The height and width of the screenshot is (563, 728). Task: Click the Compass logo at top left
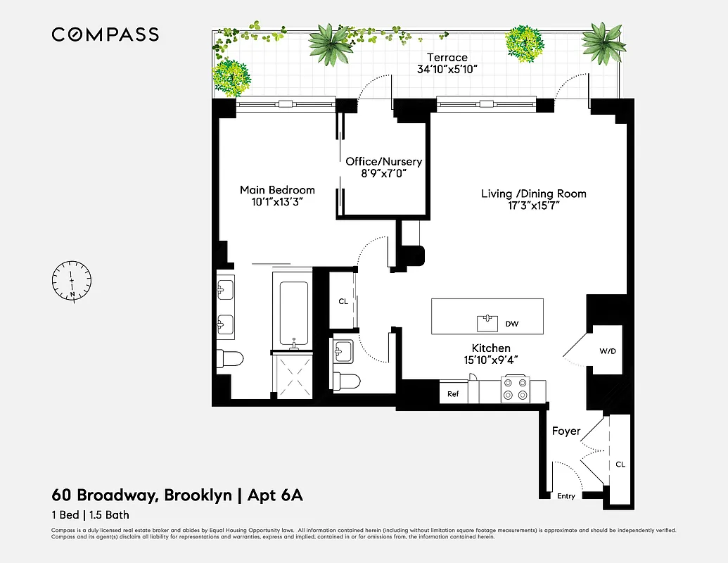point(105,34)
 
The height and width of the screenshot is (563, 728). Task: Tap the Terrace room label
point(447,58)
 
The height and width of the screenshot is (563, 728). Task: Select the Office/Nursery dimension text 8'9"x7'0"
point(383,172)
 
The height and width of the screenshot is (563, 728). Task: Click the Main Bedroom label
point(277,190)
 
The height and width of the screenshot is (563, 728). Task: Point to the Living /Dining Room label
point(533,194)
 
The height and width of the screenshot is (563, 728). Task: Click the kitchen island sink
point(487,323)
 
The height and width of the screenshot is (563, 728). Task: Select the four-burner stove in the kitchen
point(513,389)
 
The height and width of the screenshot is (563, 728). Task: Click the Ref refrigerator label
point(453,394)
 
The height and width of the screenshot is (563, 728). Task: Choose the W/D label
point(608,350)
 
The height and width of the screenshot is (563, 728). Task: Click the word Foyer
point(566,431)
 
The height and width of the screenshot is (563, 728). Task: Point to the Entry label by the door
point(566,496)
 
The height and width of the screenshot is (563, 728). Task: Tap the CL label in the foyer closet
point(620,464)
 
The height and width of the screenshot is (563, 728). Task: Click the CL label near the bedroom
point(343,301)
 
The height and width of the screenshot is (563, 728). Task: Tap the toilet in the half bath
point(346,381)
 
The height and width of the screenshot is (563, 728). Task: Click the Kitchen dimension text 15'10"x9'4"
point(491,361)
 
